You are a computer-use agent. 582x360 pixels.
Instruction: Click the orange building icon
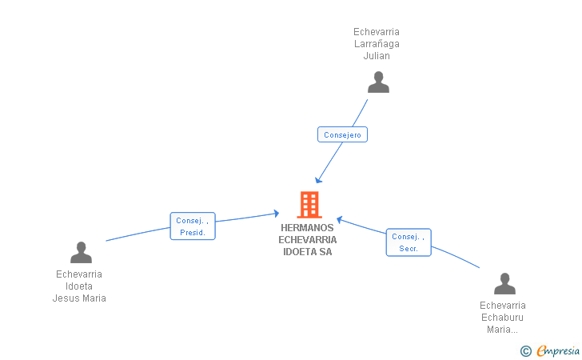[309, 205]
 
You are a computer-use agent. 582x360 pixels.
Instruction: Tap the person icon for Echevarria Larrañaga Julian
[377, 82]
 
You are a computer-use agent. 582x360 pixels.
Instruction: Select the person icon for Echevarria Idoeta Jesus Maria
[81, 253]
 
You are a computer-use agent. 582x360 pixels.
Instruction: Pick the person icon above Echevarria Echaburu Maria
[504, 284]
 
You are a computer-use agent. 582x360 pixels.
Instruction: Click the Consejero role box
[342, 135]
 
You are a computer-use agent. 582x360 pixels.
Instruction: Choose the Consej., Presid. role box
[193, 226]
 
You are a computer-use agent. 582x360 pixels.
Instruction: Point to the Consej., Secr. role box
[409, 242]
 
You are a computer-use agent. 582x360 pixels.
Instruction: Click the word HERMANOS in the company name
[308, 228]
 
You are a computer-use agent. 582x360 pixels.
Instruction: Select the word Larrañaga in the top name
[377, 44]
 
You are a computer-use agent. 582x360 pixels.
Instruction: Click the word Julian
[377, 56]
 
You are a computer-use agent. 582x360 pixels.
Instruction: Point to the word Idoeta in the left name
[79, 286]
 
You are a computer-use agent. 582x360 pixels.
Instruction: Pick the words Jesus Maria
[79, 298]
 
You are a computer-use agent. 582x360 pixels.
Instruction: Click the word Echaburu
[503, 318]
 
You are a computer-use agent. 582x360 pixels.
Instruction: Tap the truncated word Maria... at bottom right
[503, 330]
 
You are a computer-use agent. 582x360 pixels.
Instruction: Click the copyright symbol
[525, 350]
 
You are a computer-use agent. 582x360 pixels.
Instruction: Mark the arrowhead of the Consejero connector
[318, 180]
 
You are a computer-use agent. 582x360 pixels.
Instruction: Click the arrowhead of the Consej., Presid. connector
[276, 213]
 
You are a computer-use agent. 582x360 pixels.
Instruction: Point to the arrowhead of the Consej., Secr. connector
[339, 218]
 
